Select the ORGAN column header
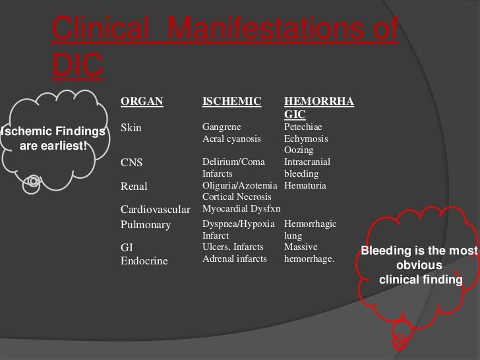(x=141, y=102)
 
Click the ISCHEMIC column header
(x=231, y=102)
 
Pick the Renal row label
(x=135, y=186)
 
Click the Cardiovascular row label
(x=156, y=210)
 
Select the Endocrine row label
(x=144, y=260)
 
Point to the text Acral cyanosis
(x=231, y=138)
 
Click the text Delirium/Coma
(x=232, y=162)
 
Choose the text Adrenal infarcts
(x=235, y=259)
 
